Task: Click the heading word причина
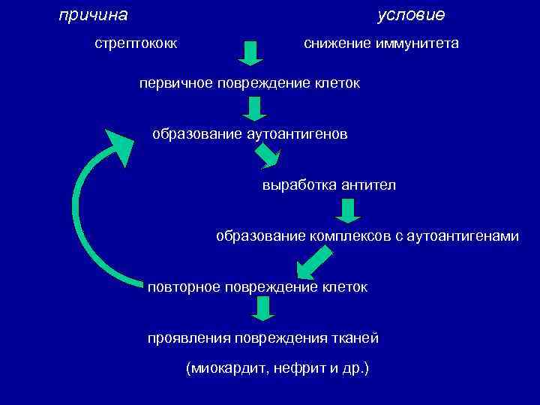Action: (93, 15)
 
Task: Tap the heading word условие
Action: (411, 15)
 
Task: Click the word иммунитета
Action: (416, 44)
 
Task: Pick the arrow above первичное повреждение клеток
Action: (251, 53)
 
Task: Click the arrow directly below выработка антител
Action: (346, 211)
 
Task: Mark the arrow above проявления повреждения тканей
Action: (262, 308)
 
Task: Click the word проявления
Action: (187, 338)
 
